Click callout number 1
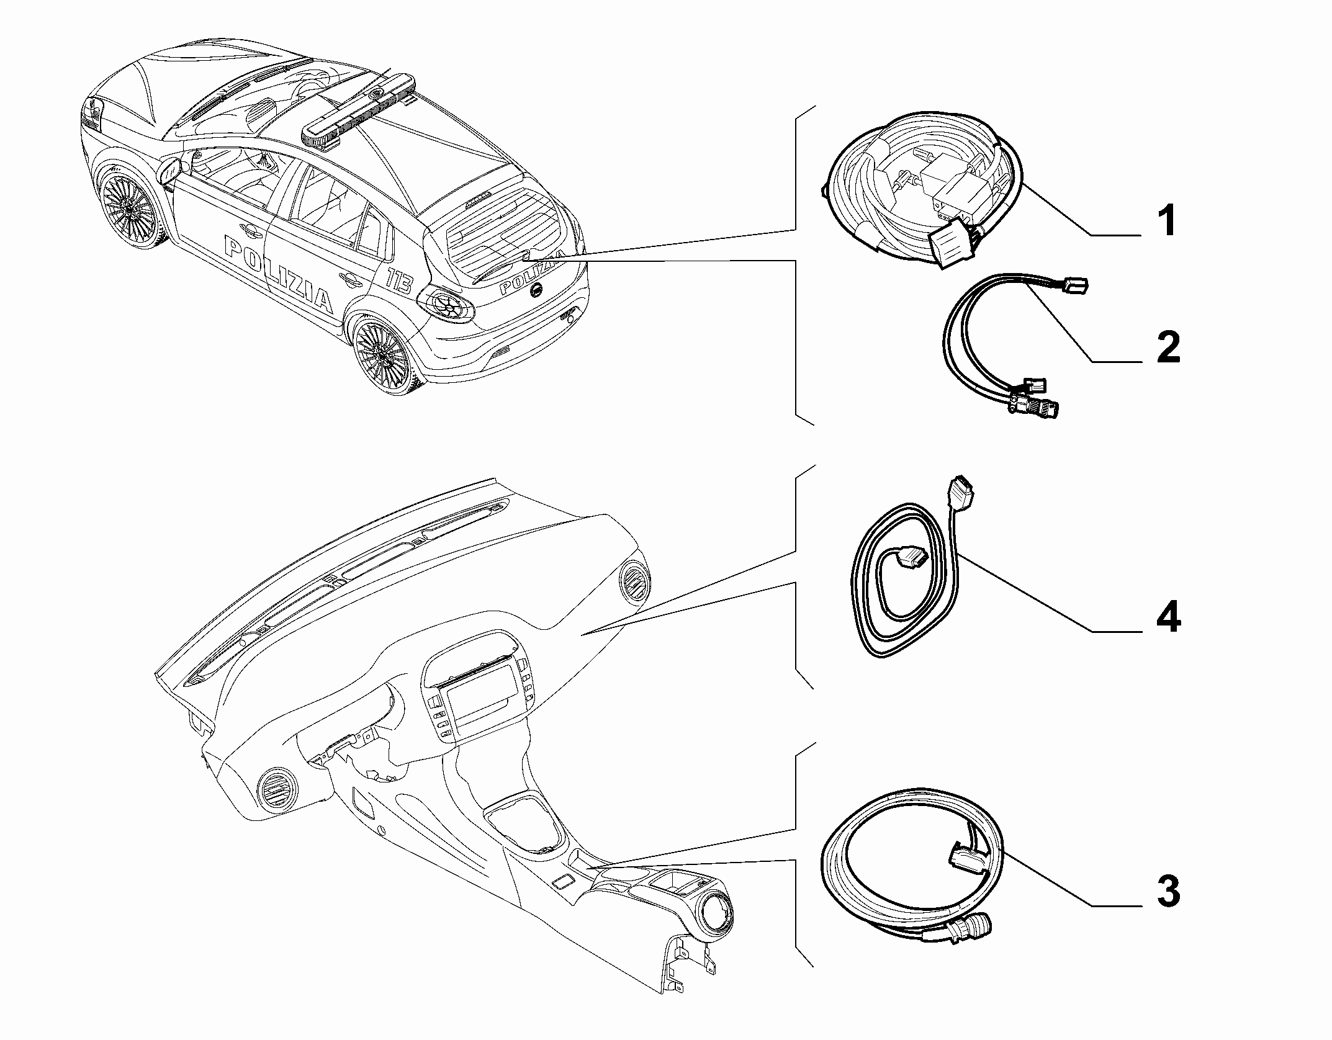tap(1168, 222)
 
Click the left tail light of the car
tap(446, 304)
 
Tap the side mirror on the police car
tap(170, 170)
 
